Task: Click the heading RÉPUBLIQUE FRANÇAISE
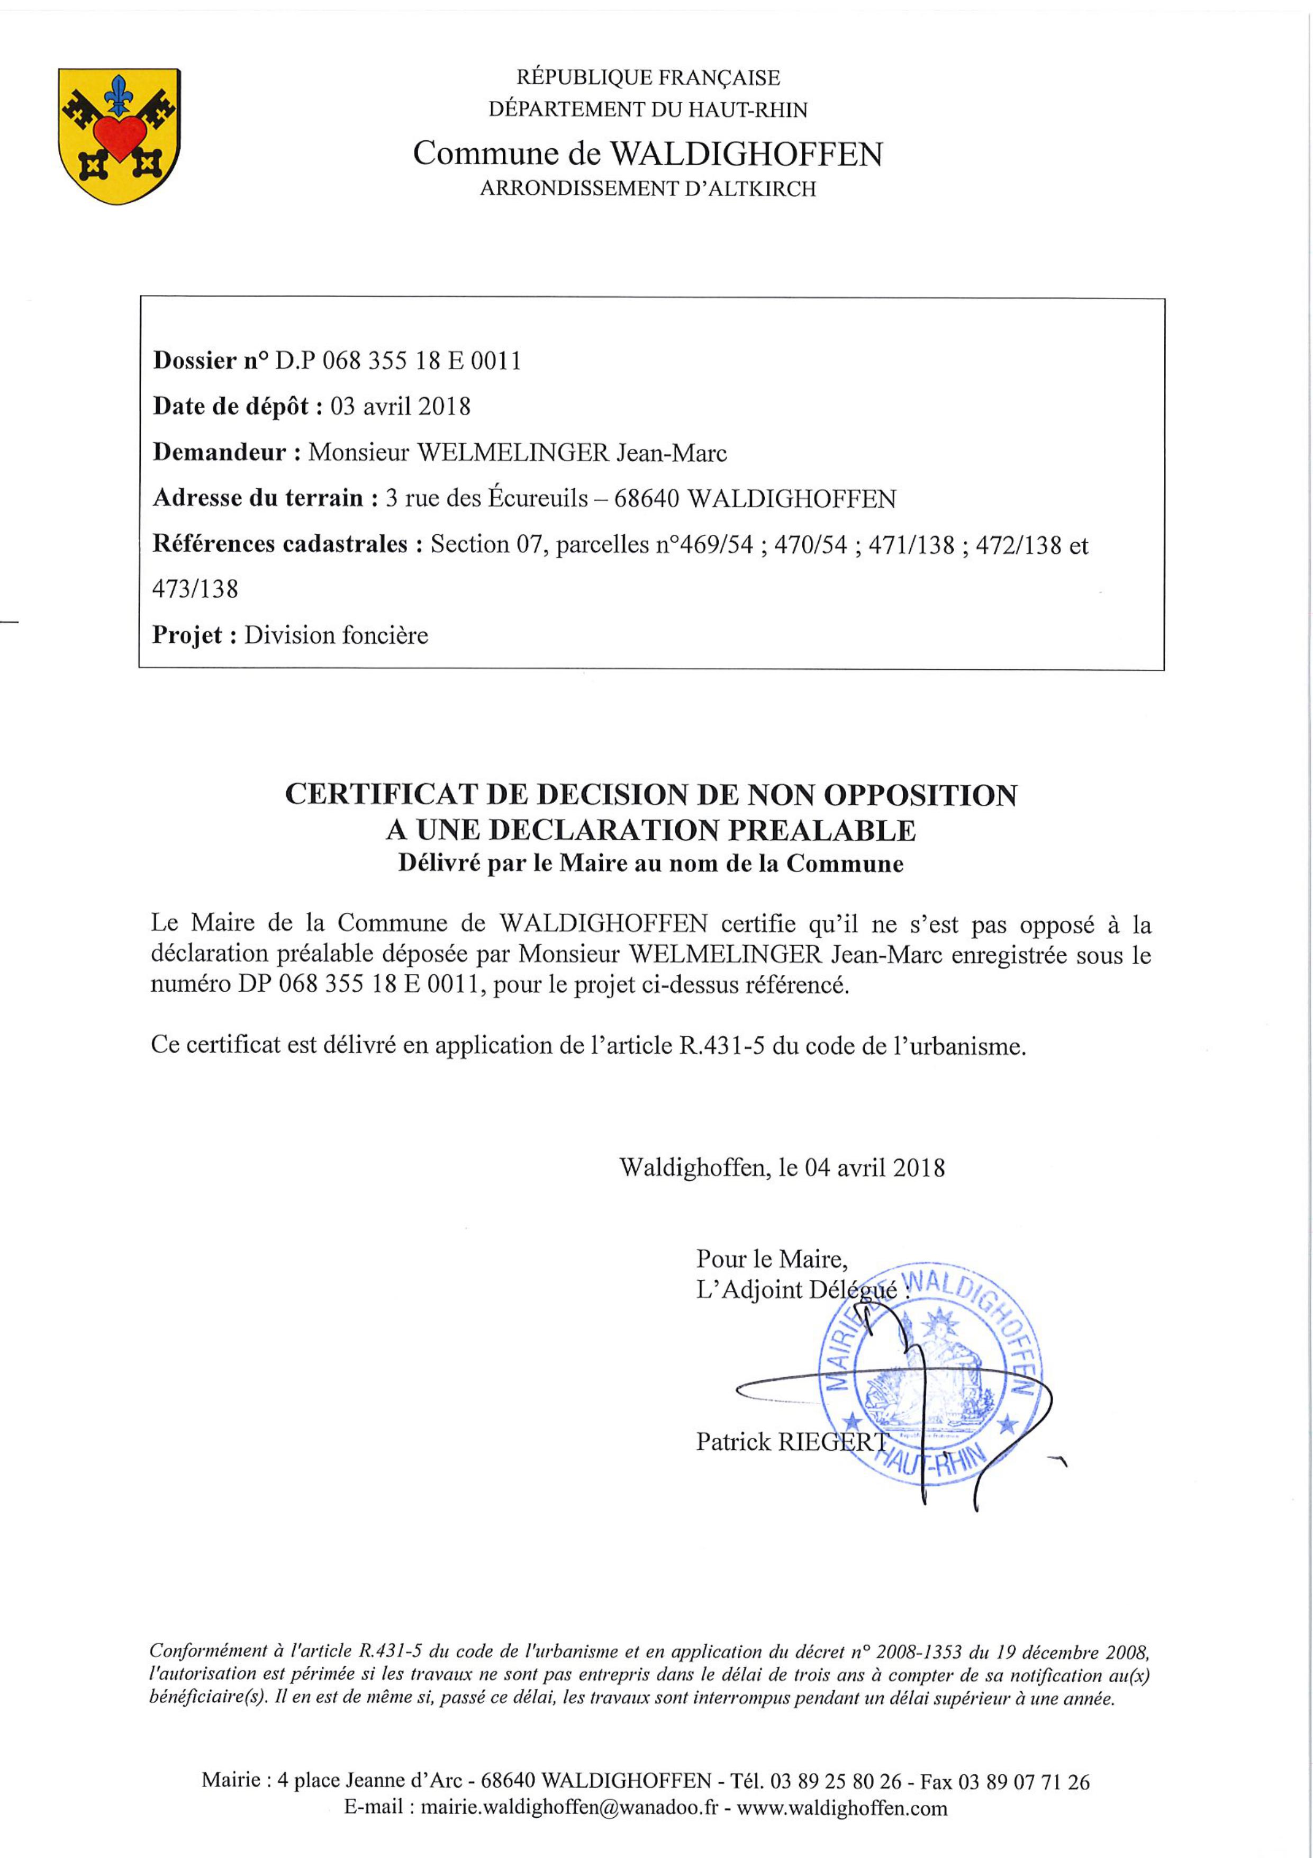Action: [x=648, y=78]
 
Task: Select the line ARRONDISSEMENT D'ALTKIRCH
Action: [x=648, y=190]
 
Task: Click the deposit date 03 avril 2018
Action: [x=401, y=406]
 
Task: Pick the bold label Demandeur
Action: [x=219, y=452]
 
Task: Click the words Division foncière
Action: [x=336, y=635]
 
